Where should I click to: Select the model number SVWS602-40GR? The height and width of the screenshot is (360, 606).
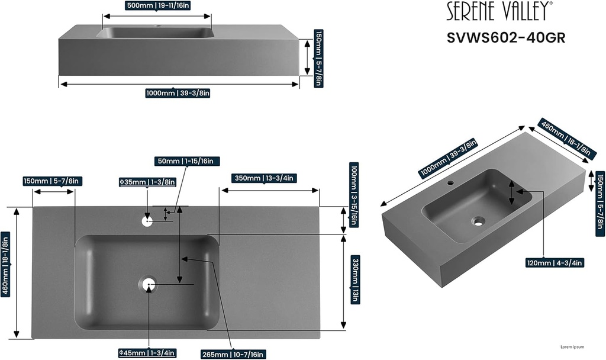pos(506,37)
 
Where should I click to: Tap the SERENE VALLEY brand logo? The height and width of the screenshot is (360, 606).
pos(499,11)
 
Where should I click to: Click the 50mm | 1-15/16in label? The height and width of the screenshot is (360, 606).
pos(188,161)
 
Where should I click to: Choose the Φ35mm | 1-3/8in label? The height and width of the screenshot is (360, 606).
pos(147,182)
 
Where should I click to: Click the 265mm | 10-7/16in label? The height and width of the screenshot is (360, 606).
pos(232,353)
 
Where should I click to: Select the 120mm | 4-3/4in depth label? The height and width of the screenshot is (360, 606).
pos(555,263)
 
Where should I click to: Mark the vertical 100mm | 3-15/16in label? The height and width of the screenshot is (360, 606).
pos(354,195)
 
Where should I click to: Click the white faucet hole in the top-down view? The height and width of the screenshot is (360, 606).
pos(147,221)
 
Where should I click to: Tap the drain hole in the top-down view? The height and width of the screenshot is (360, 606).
pos(149,285)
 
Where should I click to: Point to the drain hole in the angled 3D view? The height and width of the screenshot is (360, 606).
pos(478,221)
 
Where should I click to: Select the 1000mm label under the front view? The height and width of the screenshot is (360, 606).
pos(178,93)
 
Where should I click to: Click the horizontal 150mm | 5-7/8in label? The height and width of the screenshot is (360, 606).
pos(52,181)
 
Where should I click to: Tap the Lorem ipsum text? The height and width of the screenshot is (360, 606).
pos(572,347)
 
